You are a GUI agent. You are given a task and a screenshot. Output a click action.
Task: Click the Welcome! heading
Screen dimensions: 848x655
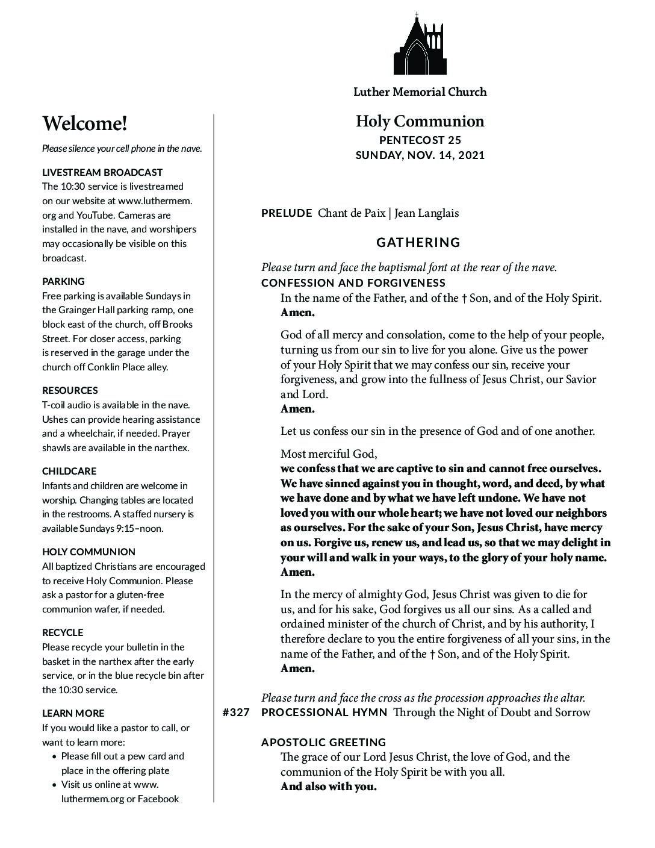pyautogui.click(x=85, y=124)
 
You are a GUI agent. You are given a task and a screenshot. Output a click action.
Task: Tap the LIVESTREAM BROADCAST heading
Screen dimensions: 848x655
pyautogui.click(x=102, y=172)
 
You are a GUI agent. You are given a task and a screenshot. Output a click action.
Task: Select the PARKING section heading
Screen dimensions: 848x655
pyautogui.click(x=63, y=281)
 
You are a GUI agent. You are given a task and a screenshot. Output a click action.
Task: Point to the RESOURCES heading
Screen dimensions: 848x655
pyautogui.click(x=70, y=390)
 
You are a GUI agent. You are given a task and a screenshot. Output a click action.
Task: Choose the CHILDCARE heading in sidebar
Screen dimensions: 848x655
pyautogui.click(x=69, y=471)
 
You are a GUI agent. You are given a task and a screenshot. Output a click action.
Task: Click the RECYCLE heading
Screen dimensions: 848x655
pyautogui.click(x=63, y=632)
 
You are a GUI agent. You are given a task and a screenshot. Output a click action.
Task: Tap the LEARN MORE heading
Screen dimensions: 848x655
pyautogui.click(x=73, y=713)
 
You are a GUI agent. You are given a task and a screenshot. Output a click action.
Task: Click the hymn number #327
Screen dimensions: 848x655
pyautogui.click(x=236, y=712)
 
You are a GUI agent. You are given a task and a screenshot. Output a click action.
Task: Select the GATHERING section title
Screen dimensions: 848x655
pyautogui.click(x=418, y=243)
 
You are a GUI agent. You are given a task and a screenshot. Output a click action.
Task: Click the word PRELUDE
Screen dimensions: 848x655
pyautogui.click(x=287, y=213)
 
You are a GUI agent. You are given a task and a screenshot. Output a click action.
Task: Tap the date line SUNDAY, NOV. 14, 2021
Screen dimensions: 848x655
pyautogui.click(x=420, y=155)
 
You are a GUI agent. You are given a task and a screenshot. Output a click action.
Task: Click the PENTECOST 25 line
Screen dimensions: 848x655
pyautogui.click(x=420, y=140)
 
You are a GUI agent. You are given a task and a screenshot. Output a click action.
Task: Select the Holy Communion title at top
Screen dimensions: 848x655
pyautogui.click(x=420, y=122)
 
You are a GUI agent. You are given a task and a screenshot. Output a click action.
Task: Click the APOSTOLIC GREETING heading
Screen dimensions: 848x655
pyautogui.click(x=324, y=743)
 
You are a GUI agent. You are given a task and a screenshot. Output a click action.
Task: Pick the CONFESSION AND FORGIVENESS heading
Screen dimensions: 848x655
pyautogui.click(x=353, y=283)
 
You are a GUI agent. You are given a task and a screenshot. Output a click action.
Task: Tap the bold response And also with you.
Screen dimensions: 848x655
pyautogui.click(x=328, y=787)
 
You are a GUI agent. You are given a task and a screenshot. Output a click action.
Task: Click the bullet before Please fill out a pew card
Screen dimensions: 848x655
pyautogui.click(x=55, y=756)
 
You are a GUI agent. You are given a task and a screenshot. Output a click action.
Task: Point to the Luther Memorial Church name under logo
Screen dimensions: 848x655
pyautogui.click(x=420, y=92)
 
